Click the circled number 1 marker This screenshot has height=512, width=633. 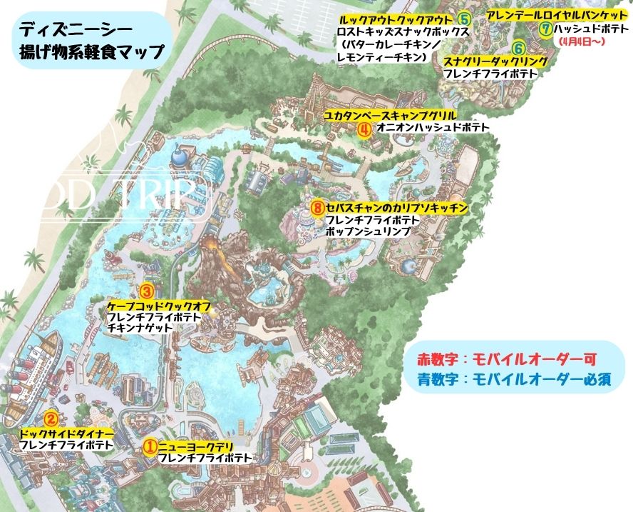150,446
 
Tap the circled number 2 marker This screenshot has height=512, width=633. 51,420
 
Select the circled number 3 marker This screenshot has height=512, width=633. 146,291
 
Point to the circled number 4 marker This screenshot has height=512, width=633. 364,129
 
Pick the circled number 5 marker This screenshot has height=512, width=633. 465,19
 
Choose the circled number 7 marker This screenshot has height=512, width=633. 546,29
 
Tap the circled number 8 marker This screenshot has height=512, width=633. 318,208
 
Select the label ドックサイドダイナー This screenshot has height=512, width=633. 67,433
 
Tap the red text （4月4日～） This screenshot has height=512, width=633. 583,42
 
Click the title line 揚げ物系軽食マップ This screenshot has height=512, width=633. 91,51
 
